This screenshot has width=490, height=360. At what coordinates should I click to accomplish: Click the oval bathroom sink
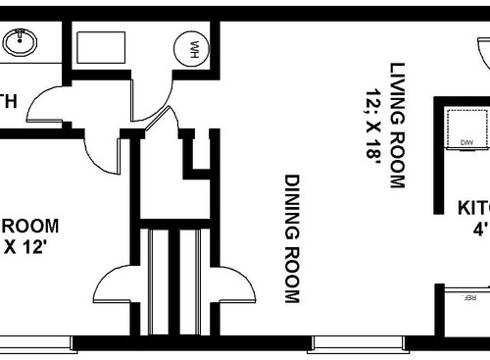(20, 42)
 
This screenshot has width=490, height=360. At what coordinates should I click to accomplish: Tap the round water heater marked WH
(190, 48)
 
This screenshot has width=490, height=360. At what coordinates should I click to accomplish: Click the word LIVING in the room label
(397, 93)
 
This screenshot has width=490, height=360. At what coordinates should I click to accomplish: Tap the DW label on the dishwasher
(466, 143)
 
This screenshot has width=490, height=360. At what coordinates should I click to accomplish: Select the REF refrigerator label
(469, 294)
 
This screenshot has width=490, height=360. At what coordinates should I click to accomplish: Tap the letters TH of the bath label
(8, 99)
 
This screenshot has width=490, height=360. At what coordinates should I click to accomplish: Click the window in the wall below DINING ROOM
(357, 344)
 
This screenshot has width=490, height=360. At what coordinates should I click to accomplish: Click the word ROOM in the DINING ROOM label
(292, 276)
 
